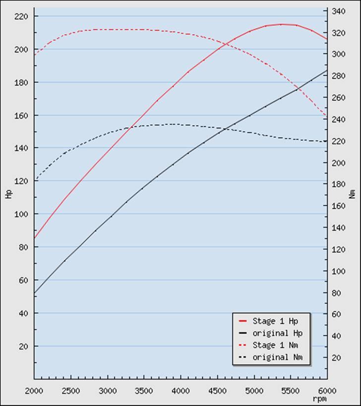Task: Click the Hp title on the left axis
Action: click(8, 194)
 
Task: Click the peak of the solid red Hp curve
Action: click(282, 24)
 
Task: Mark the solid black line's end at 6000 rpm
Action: click(327, 70)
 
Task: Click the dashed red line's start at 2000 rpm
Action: click(34, 55)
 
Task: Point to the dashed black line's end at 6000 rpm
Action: click(327, 141)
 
